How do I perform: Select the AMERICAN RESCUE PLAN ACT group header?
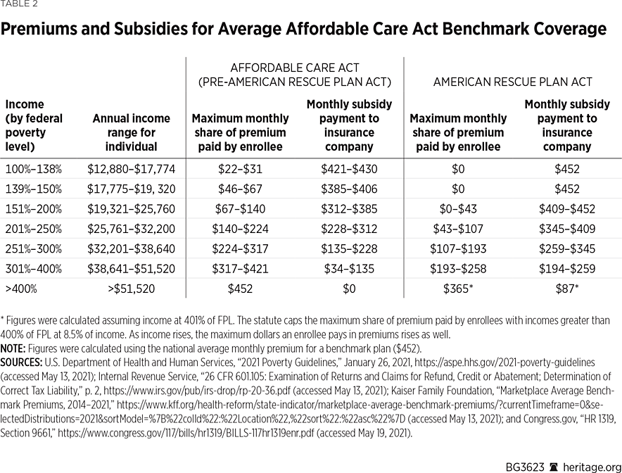[512, 82]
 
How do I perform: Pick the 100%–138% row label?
[33, 169]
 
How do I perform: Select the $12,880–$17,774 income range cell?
[131, 169]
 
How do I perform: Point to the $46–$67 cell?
[240, 189]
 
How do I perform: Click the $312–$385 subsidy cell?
[349, 209]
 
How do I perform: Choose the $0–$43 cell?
[458, 209]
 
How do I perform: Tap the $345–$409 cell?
[566, 229]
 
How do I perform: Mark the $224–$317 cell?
[240, 248]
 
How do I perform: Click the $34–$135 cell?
[349, 269]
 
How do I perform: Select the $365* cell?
[458, 289]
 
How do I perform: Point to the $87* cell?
[566, 289]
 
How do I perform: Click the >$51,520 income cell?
[131, 289]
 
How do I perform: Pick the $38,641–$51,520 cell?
[131, 269]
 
